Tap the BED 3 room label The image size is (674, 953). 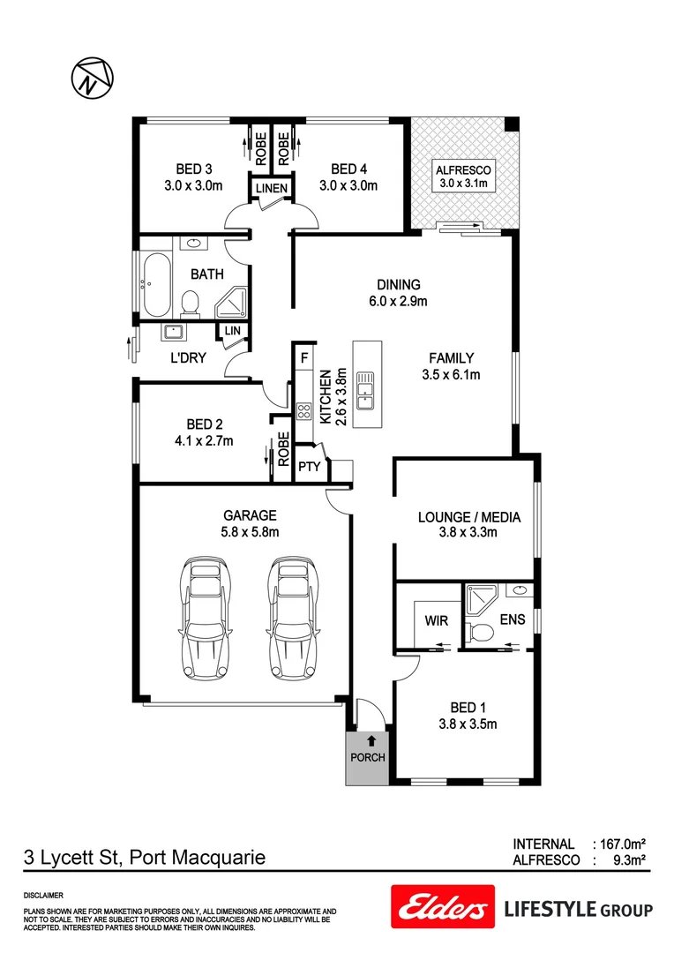[x=193, y=169]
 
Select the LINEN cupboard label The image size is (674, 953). [x=271, y=189]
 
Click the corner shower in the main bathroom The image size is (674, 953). [x=232, y=302]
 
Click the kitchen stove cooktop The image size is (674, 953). [x=303, y=410]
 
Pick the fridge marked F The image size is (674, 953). [x=304, y=358]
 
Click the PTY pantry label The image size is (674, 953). [x=308, y=467]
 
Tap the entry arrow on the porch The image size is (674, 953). [x=371, y=740]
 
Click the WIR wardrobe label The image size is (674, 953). [x=437, y=620]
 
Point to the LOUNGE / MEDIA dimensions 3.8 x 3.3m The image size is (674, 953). [x=468, y=532]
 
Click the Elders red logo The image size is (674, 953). [x=440, y=909]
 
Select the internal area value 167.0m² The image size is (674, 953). [x=625, y=844]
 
